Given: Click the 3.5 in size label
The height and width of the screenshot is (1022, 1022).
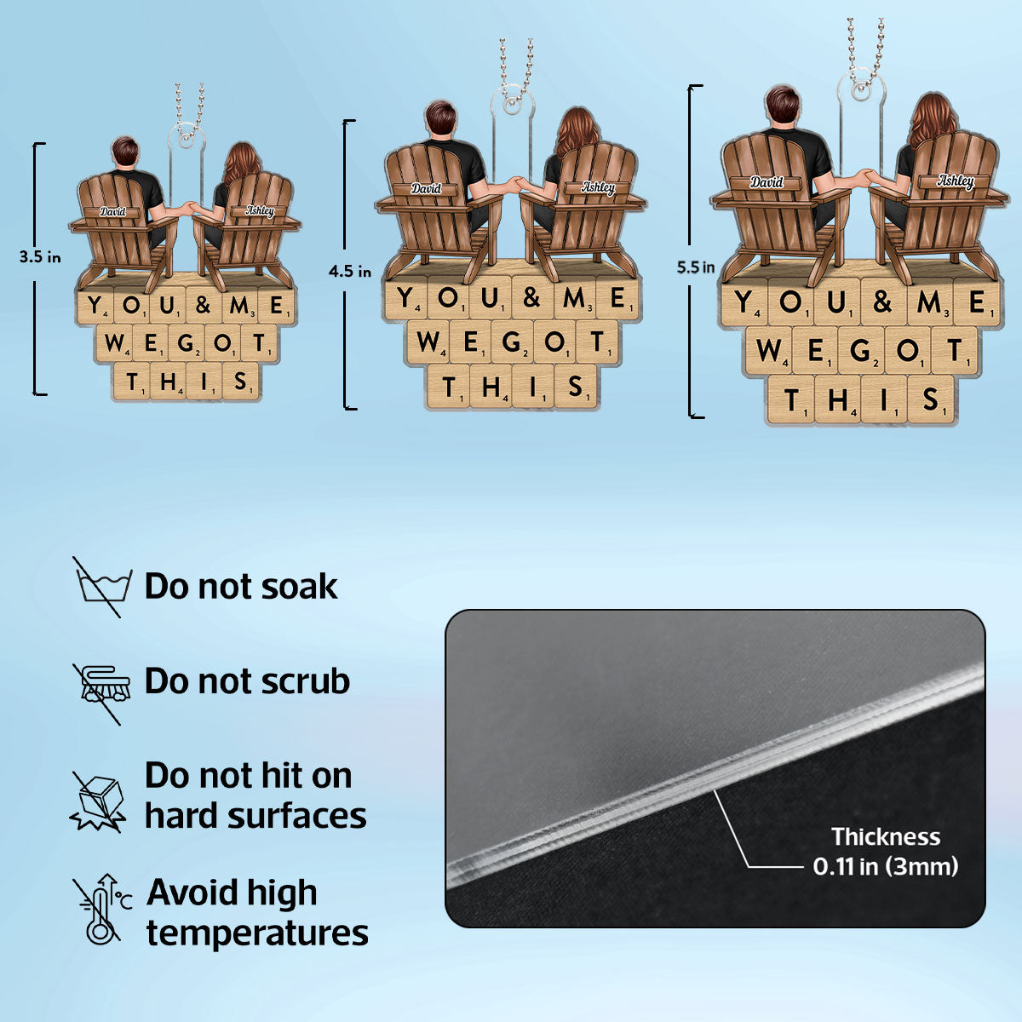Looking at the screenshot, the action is pos(40,257).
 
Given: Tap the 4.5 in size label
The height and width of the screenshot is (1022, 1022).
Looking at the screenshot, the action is pos(349,272).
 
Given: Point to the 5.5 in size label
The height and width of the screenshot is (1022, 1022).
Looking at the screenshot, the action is pos(695,267).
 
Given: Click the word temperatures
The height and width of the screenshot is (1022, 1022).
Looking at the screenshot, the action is pos(257,933).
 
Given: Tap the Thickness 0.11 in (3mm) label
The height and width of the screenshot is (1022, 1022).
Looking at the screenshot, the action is pos(886,851).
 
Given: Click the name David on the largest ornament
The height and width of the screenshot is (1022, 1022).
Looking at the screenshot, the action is pos(766,182).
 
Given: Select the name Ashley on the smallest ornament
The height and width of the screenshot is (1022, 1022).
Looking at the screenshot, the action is pos(260,210).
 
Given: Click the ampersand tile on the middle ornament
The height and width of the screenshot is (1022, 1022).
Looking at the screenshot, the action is pos(532,297).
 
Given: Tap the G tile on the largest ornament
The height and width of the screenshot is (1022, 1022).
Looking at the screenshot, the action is pos(860,350).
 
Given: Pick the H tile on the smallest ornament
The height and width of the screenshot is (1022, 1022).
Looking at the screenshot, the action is pos(168,381).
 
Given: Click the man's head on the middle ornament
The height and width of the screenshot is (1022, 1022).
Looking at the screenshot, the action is pos(440,118).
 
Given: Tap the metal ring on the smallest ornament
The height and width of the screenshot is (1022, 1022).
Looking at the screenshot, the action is pos(186,141).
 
